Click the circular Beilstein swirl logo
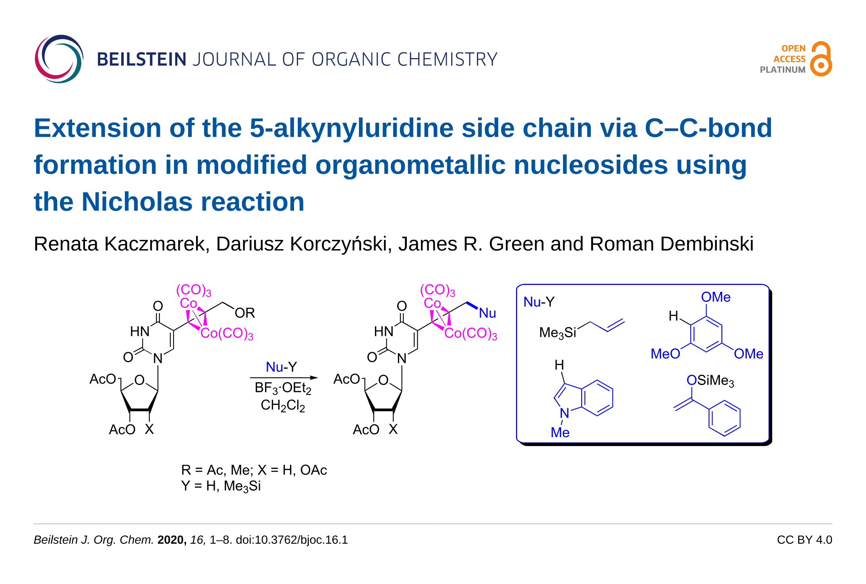pyautogui.click(x=59, y=59)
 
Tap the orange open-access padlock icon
pyautogui.click(x=821, y=59)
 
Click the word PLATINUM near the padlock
pyautogui.click(x=782, y=70)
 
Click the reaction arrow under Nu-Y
pyautogui.click(x=284, y=378)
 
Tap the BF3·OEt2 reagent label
pyautogui.click(x=283, y=388)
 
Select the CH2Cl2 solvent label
pyautogui.click(x=283, y=405)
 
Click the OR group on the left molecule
pyautogui.click(x=245, y=313)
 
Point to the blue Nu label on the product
pyautogui.click(x=487, y=313)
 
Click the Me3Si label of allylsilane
pyautogui.click(x=557, y=333)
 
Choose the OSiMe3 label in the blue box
pyautogui.click(x=710, y=380)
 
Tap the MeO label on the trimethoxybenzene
pyautogui.click(x=665, y=354)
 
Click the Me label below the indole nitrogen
pyautogui.click(x=560, y=433)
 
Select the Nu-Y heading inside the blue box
pyautogui.click(x=539, y=302)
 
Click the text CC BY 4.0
pyautogui.click(x=804, y=540)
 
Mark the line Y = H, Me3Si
pyautogui.click(x=221, y=486)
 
